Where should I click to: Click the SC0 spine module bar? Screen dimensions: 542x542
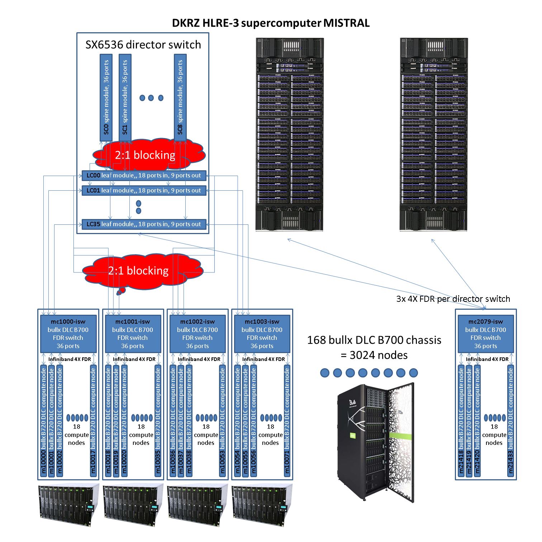pyautogui.click(x=106, y=98)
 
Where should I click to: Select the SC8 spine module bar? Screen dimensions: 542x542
pyautogui.click(x=180, y=98)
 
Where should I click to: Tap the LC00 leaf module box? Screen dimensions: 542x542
pyautogui.click(x=144, y=175)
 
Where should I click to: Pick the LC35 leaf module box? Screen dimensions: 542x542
pyautogui.click(x=144, y=224)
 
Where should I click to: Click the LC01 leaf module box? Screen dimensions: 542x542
pyautogui.click(x=144, y=190)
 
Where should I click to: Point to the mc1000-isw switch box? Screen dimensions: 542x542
pyautogui.click(x=68, y=334)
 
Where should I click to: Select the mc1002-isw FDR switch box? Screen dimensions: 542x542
pyautogui.click(x=198, y=334)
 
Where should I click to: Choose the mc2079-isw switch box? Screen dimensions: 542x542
pyautogui.click(x=486, y=334)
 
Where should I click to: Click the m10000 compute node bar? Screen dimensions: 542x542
pyautogui.click(x=44, y=421)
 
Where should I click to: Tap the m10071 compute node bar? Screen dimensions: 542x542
pyautogui.click(x=287, y=421)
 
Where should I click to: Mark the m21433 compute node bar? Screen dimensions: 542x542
pyautogui.click(x=510, y=421)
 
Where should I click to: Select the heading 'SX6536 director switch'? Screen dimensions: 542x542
pyautogui.click(x=143, y=45)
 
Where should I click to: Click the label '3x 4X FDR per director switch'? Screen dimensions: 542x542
pyautogui.click(x=453, y=299)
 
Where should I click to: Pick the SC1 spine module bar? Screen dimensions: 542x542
pyautogui.click(x=125, y=98)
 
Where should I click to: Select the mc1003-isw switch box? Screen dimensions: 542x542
pyautogui.click(x=262, y=334)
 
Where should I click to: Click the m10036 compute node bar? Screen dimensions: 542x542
pyautogui.click(x=173, y=421)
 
